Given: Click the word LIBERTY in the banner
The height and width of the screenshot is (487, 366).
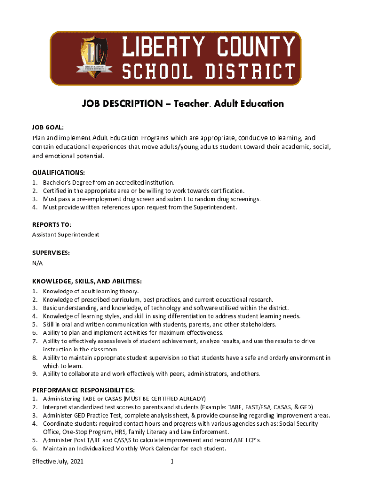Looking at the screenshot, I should click(164, 47).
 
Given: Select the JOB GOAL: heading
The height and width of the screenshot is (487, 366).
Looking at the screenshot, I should click(48, 127).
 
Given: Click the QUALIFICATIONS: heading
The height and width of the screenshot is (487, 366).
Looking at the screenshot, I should click(58, 172).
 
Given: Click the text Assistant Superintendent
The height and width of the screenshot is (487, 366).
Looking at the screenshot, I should click(66, 234).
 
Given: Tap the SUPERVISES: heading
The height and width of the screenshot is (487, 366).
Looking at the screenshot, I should click(51, 253).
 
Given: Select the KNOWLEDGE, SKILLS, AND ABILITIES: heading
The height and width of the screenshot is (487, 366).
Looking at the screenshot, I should click(87, 282).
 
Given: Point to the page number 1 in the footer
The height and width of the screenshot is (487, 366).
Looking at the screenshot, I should click(172, 461).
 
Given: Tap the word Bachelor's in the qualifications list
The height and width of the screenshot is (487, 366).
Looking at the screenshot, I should click(58, 182).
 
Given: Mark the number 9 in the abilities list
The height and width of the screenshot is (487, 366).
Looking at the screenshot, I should click(34, 374).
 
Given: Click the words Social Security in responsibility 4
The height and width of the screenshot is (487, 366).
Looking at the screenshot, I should click(298, 423).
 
